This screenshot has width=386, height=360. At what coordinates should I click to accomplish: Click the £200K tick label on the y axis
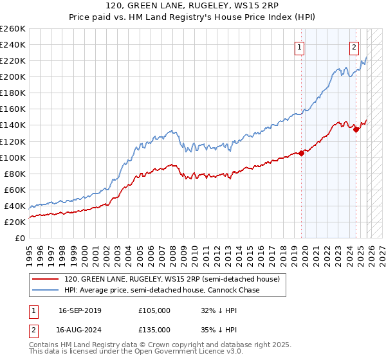[12, 76]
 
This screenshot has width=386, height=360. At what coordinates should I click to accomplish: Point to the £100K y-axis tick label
[12, 157]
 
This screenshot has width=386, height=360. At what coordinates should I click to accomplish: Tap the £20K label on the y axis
[15, 222]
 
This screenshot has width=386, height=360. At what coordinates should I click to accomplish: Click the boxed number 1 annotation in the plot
[300, 46]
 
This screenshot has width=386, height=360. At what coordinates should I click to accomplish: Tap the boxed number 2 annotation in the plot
[354, 46]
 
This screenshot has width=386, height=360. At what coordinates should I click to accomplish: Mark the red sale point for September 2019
[301, 153]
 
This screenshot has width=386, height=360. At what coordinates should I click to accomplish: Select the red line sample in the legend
[46, 280]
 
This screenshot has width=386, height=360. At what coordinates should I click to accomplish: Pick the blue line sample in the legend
[46, 291]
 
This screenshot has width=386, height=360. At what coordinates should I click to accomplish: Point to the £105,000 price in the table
[154, 310]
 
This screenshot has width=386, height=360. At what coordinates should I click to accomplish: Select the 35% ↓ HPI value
[219, 329]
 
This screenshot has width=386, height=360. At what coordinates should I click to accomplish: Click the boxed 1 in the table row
[33, 310]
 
